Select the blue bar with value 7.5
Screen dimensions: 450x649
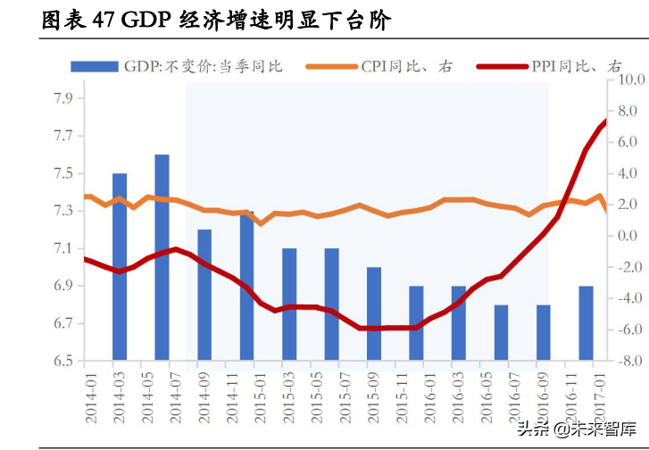[120, 266]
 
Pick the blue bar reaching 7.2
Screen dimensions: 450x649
[204, 295]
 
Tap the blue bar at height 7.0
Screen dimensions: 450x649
[374, 313]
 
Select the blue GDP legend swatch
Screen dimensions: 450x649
[94, 66]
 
